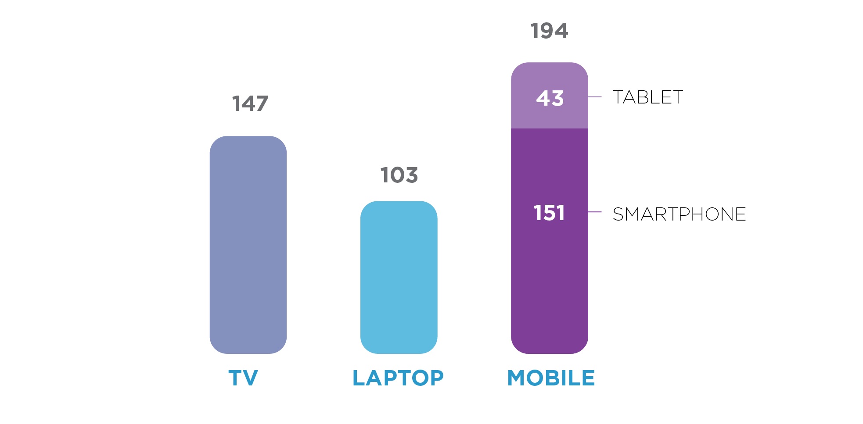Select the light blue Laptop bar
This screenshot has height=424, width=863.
tap(399, 277)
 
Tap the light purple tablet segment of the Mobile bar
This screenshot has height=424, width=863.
tap(549, 114)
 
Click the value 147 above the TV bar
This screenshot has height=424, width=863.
tap(250, 104)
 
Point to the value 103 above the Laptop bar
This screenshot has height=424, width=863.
tap(399, 175)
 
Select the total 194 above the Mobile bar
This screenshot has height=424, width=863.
tap(549, 31)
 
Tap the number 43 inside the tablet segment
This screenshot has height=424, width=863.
tap(550, 98)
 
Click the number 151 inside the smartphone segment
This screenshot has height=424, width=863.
tap(549, 213)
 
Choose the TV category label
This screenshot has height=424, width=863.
tap(243, 378)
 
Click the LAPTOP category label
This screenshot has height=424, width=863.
tap(398, 378)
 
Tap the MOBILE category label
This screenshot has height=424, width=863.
tap(551, 378)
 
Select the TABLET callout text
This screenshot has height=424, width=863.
tap(648, 97)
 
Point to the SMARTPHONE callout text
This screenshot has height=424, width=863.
tap(679, 214)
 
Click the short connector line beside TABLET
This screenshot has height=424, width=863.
tap(595, 96)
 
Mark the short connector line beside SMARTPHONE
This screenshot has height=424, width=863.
tap(595, 212)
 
